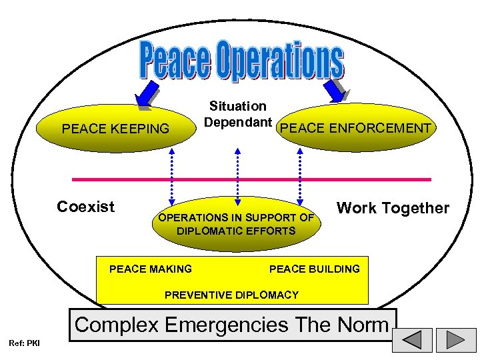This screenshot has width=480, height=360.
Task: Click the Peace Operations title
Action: [x=242, y=62]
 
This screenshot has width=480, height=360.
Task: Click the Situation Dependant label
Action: [x=238, y=114]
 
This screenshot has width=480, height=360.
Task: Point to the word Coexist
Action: [x=86, y=207]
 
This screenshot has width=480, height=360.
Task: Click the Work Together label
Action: [x=393, y=208]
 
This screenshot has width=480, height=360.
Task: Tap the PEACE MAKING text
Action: [x=150, y=269]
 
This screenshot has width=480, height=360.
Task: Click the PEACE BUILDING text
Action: [x=314, y=269]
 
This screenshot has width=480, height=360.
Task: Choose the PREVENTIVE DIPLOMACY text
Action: [x=231, y=295]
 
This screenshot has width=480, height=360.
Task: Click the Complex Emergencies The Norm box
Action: [x=231, y=325]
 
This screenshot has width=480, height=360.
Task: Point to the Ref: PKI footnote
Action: [x=24, y=343]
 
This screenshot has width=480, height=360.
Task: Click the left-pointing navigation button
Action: [x=412, y=340]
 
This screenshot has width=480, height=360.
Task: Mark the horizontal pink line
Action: [x=251, y=179]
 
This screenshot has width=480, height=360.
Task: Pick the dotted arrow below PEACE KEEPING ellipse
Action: [x=173, y=175]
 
